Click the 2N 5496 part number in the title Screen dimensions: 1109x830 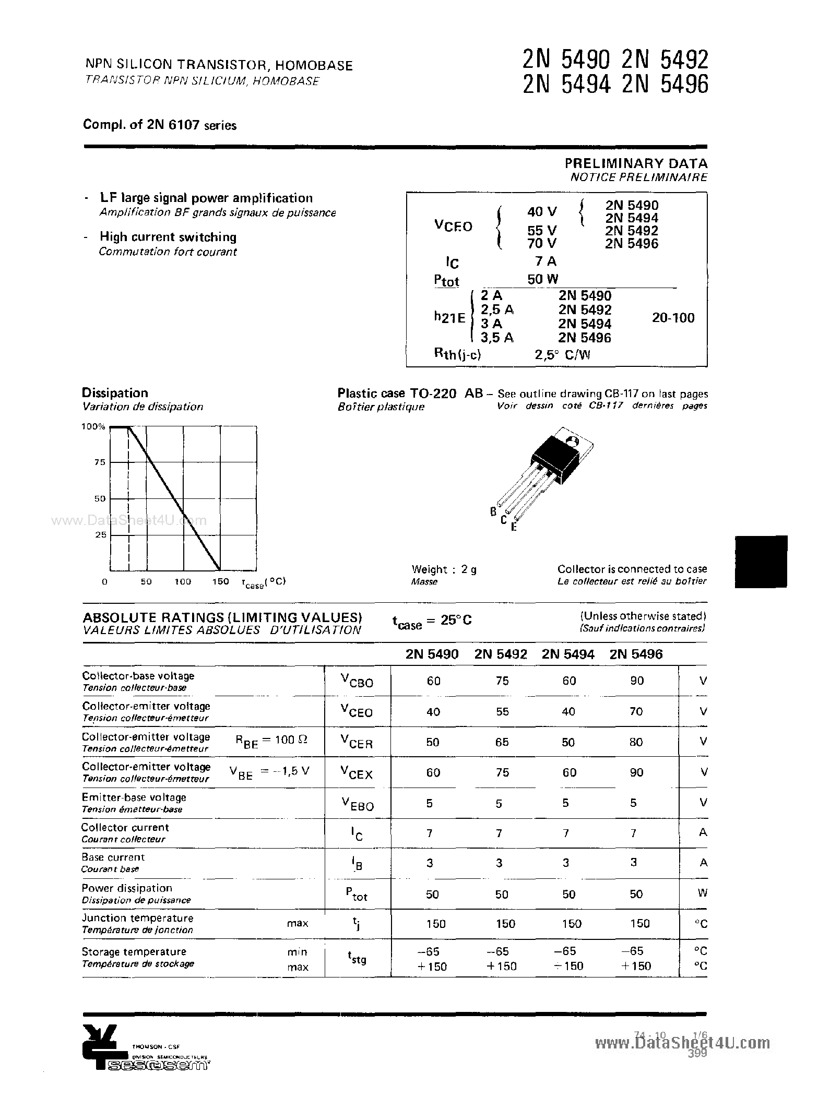[665, 85]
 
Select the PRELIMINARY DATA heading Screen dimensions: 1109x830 [636, 163]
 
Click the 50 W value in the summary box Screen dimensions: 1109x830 [542, 279]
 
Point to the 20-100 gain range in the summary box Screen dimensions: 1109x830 [673, 317]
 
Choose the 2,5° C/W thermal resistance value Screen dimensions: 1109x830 [562, 355]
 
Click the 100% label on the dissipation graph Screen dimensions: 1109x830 [93, 427]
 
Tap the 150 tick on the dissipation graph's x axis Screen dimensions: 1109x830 [220, 581]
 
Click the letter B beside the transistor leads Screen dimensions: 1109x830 [493, 512]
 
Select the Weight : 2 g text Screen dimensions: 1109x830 [444, 569]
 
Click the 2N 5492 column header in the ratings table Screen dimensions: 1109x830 [501, 654]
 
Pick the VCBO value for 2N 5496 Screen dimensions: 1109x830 [637, 681]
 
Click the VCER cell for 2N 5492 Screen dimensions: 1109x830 [502, 742]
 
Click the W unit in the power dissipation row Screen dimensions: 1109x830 [702, 893]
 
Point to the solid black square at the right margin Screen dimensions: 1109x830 [761, 562]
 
